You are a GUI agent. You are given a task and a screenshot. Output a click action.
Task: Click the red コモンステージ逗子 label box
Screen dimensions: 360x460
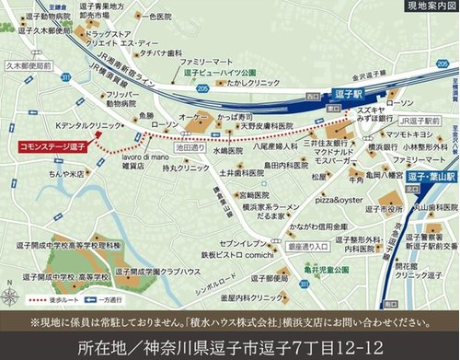pos(51,146)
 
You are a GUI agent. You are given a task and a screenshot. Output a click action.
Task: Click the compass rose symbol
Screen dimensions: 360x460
pos(11,272)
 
